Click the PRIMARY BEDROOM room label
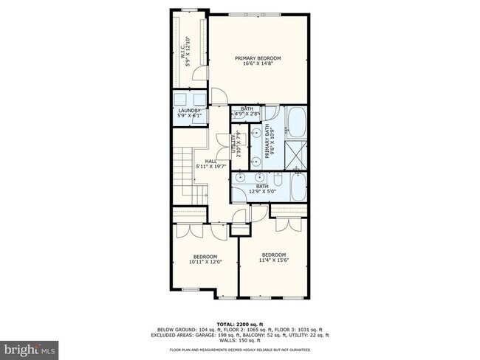pos(258,58)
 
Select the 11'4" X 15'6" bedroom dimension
pos(272,260)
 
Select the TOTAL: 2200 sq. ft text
pos(239,324)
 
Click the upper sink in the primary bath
pos(256,133)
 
